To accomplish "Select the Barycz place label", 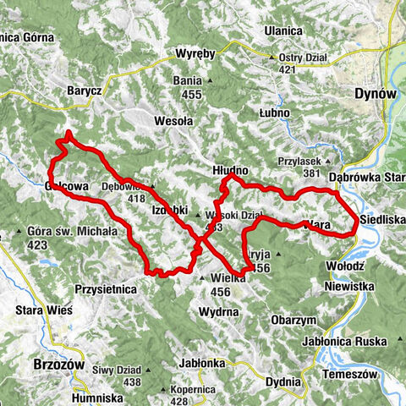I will [85, 91].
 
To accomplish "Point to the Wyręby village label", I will [198, 53].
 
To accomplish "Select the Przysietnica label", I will [106, 288].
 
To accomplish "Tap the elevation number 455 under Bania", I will [191, 95].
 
